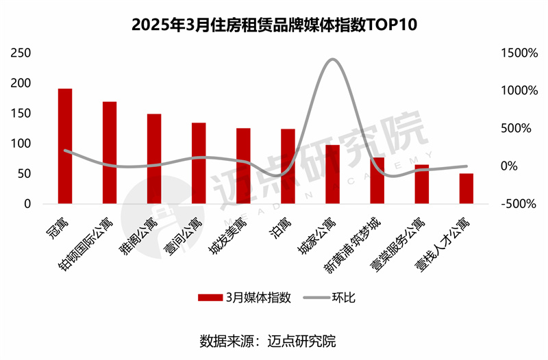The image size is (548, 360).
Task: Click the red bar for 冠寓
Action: pos(65,146)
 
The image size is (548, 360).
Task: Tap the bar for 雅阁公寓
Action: pos(154,159)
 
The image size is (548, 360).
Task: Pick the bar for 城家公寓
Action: pos(332,175)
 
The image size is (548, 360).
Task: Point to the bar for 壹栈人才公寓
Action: pos(466,189)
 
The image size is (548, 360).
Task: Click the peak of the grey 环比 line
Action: pos(332,60)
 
